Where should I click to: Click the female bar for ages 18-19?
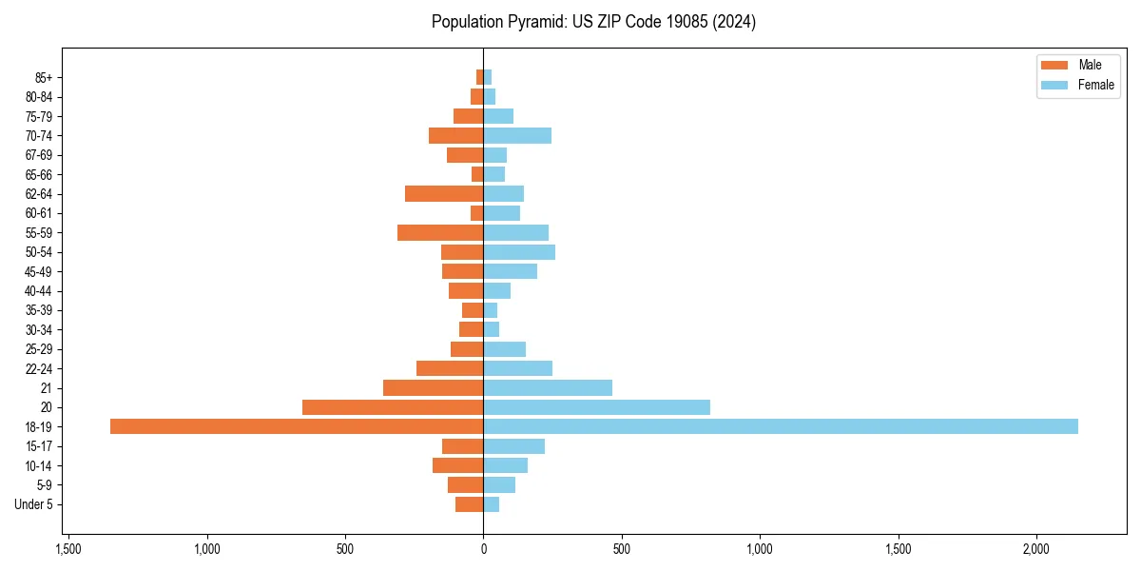(780, 426)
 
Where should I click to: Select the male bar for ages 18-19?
(297, 426)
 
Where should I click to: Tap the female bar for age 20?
(596, 407)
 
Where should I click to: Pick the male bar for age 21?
(433, 388)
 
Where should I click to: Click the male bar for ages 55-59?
(440, 232)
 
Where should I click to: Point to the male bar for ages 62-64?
(444, 194)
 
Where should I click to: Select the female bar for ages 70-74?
(517, 136)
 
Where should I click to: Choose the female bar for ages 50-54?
(519, 252)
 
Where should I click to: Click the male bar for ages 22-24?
(450, 368)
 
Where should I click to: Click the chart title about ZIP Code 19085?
(593, 22)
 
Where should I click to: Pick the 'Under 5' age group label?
(33, 504)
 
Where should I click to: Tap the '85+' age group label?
(44, 78)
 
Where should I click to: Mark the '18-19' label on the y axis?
(40, 427)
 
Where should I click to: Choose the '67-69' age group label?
(39, 155)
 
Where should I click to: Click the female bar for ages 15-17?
(513, 446)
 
